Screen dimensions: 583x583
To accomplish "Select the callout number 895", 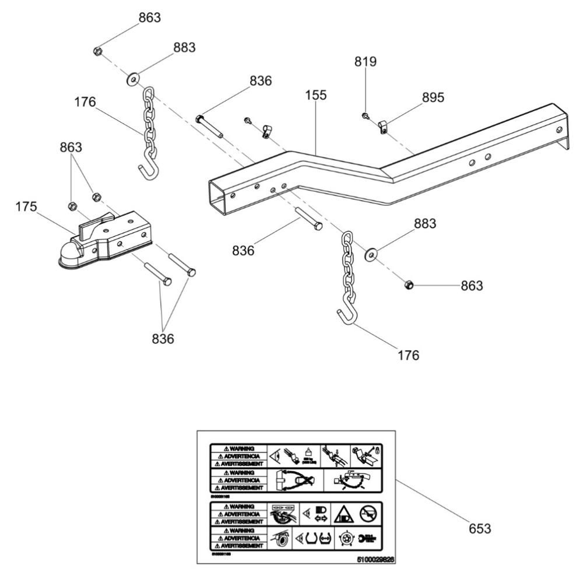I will point(433,97).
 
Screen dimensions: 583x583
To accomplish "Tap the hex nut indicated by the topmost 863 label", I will point(98,51).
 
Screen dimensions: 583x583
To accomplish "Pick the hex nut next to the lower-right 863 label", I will point(409,285).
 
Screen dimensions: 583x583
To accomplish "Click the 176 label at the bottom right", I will point(408,354).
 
